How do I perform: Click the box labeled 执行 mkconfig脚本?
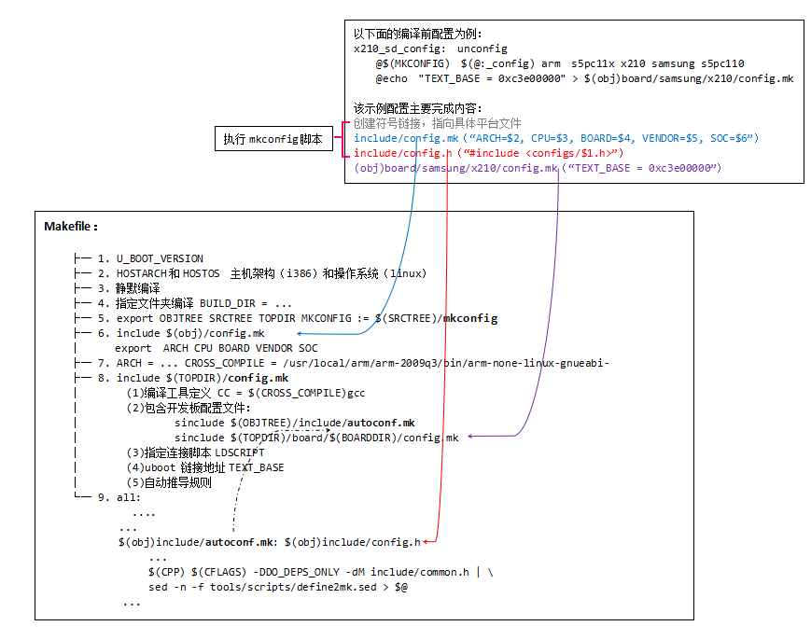click(x=273, y=139)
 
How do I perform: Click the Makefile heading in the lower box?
click(x=71, y=227)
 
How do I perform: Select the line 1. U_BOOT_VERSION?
click(x=160, y=258)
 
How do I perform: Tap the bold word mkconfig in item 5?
click(x=472, y=318)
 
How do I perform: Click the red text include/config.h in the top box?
click(x=402, y=153)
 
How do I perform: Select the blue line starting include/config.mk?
click(x=555, y=138)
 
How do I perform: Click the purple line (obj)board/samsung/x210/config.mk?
click(x=538, y=168)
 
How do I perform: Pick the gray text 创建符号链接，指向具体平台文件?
click(x=438, y=123)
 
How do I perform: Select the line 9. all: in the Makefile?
click(x=129, y=497)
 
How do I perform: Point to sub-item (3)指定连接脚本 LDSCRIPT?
click(x=195, y=452)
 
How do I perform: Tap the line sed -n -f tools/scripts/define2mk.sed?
click(x=278, y=587)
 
